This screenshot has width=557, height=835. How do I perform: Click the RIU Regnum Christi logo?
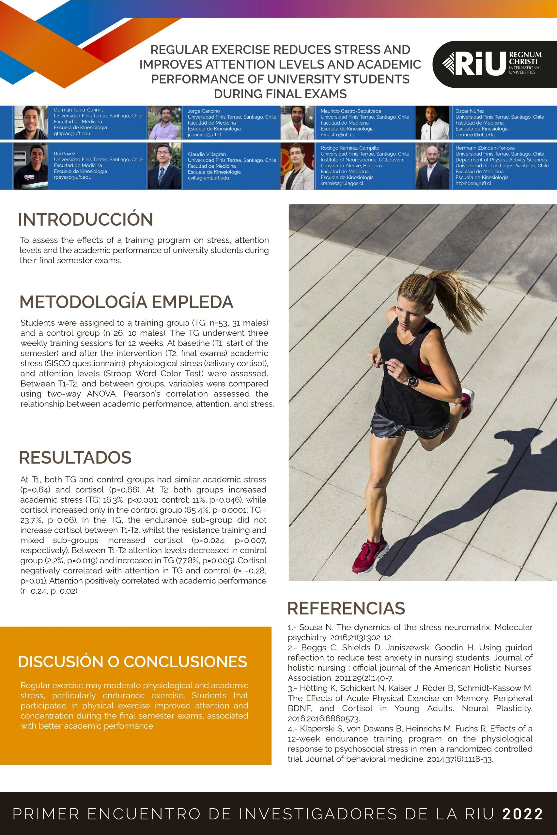point(494,64)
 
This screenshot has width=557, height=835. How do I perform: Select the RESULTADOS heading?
point(75,457)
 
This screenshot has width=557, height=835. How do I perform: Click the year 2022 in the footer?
point(522,814)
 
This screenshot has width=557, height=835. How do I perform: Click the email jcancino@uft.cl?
point(205,135)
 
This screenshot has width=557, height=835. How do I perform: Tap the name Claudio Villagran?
point(207,154)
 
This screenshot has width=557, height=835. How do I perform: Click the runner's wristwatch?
point(412,381)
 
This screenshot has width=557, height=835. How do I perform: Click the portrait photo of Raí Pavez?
point(31,166)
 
